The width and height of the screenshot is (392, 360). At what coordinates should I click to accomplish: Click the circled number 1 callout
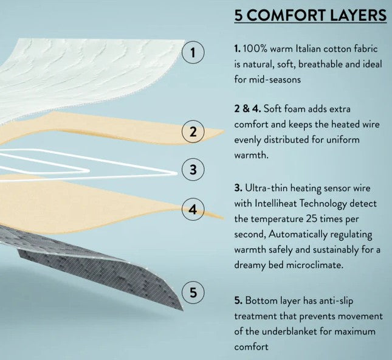pyautogui.click(x=193, y=52)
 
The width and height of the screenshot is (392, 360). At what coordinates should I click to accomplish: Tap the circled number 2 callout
pyautogui.click(x=193, y=131)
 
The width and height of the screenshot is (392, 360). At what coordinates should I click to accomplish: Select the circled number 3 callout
pyautogui.click(x=193, y=170)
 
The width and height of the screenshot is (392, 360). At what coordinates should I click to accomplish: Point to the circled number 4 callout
pyautogui.click(x=193, y=209)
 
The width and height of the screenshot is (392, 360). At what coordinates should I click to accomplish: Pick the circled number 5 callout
pyautogui.click(x=193, y=292)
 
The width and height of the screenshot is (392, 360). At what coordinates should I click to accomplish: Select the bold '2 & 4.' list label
pyautogui.click(x=247, y=109)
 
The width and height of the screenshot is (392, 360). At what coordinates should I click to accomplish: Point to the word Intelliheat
pyautogui.click(x=275, y=203)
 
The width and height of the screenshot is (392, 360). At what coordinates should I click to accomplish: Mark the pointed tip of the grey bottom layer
pyautogui.click(x=182, y=310)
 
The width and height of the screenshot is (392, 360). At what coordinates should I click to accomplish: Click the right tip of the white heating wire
pyautogui.click(x=176, y=173)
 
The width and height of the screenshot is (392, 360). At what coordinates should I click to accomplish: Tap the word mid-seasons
pyautogui.click(x=275, y=80)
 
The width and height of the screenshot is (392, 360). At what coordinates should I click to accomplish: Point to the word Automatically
pyautogui.click(x=298, y=235)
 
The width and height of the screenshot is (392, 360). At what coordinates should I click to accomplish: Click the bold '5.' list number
pyautogui.click(x=238, y=300)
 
